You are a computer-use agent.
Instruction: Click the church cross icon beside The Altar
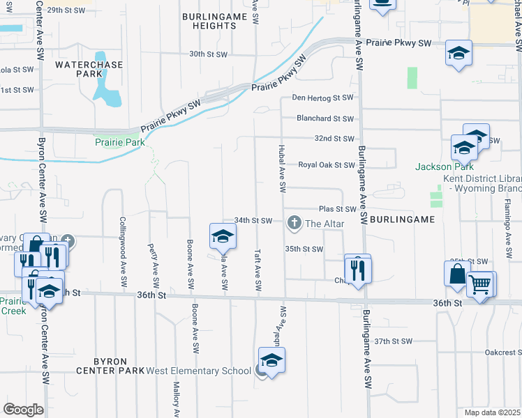[294, 223]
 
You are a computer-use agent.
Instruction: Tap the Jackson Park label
[444, 167]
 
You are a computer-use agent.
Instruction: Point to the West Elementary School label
[198, 370]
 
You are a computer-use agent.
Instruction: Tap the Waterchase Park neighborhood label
[89, 69]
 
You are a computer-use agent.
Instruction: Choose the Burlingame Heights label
[209, 20]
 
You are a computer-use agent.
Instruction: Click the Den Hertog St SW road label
[323, 98]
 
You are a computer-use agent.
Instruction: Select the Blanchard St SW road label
[325, 119]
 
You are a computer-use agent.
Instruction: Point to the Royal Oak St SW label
[327, 165]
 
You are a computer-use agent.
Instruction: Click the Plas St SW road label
[337, 209]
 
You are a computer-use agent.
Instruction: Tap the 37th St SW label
[393, 341]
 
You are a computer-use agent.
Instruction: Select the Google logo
[23, 410]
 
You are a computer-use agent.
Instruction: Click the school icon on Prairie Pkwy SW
[459, 54]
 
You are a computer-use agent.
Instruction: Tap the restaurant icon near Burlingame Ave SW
[358, 268]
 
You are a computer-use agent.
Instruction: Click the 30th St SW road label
[209, 54]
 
